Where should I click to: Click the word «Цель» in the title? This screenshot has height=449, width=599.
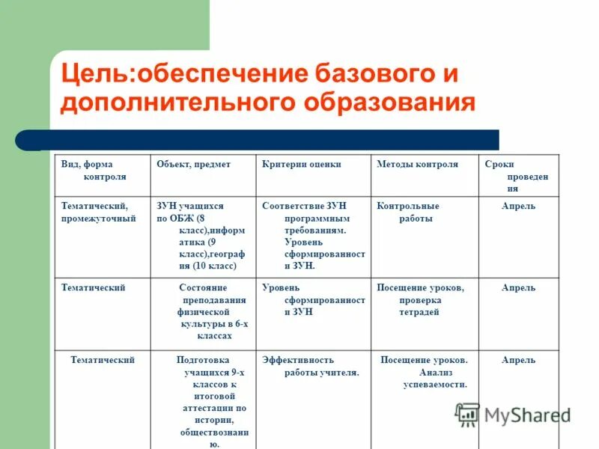[x=93, y=74]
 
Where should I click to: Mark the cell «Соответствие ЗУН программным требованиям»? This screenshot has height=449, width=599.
[x=314, y=235]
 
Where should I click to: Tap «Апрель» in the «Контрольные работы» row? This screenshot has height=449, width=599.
[x=518, y=207]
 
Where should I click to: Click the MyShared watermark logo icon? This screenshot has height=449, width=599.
[x=468, y=414]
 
